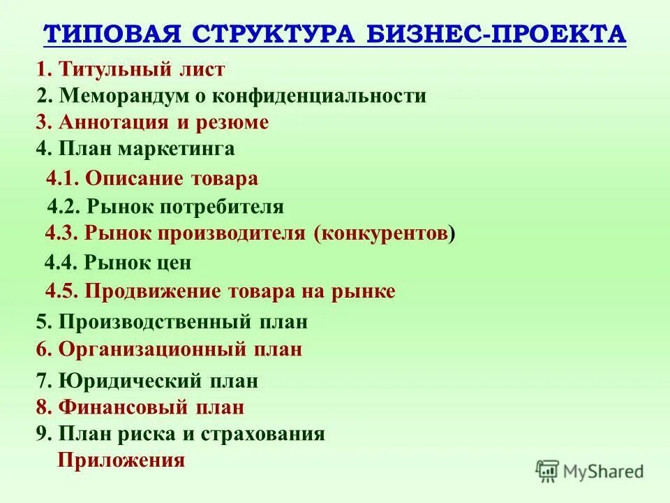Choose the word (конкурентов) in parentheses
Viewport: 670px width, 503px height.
tap(384, 233)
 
